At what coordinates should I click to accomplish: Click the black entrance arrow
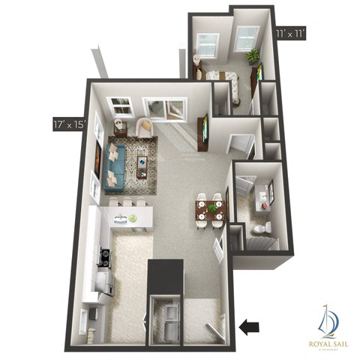point(250,326)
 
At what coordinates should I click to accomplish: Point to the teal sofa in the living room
point(115,166)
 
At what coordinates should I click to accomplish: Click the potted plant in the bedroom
point(253,55)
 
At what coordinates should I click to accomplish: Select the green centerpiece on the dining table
point(211,208)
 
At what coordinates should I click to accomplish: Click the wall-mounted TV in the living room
point(203,130)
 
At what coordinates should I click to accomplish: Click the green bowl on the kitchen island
point(133,218)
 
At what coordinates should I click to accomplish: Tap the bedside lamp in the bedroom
point(196,60)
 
